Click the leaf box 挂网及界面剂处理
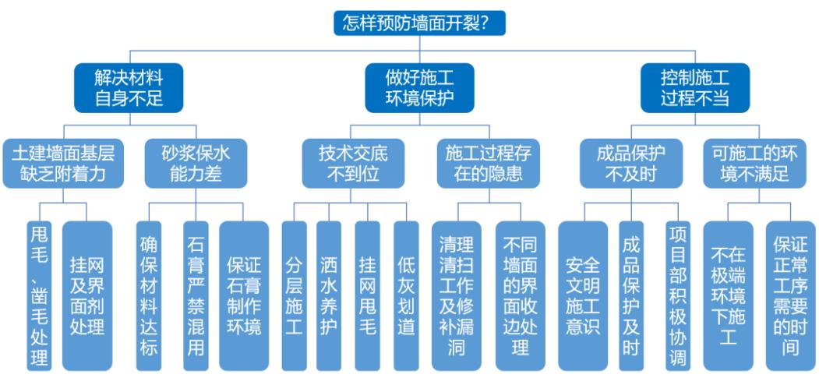coord(86,295)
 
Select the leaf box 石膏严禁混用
coord(196,295)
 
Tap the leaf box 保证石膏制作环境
coord(244,295)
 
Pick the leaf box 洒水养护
coord(329,295)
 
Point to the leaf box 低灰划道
coord(406,295)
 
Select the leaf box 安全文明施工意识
coord(583,295)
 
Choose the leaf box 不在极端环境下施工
coord(728,295)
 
